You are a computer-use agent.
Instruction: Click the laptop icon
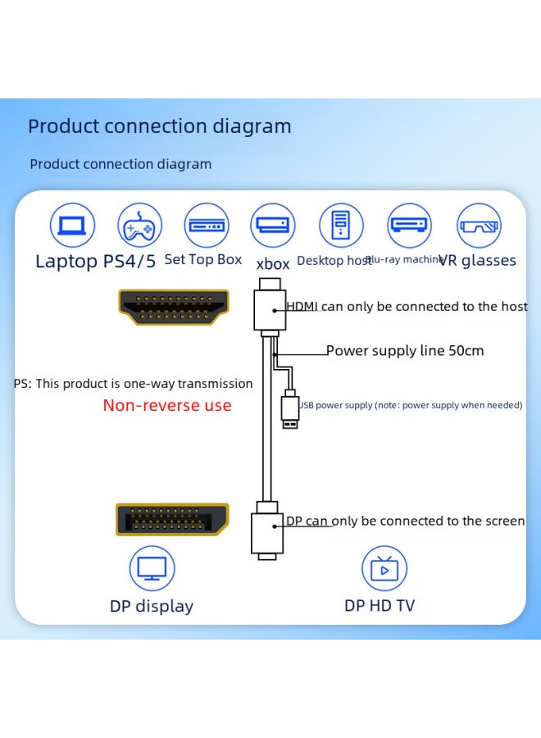pyautogui.click(x=73, y=225)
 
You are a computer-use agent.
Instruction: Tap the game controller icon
pyautogui.click(x=140, y=225)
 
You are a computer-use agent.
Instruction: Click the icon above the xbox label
pyautogui.click(x=273, y=225)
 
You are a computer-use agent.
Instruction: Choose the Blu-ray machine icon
pyautogui.click(x=409, y=225)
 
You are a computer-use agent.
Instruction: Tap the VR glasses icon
pyautogui.click(x=479, y=225)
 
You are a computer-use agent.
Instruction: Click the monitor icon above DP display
pyautogui.click(x=152, y=568)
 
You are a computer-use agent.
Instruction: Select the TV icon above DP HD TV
pyautogui.click(x=384, y=568)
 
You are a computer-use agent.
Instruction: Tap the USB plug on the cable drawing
pyautogui.click(x=289, y=411)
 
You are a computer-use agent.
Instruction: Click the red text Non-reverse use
pyautogui.click(x=167, y=405)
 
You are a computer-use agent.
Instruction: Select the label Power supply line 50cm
pyautogui.click(x=405, y=351)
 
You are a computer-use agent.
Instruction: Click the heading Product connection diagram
pyautogui.click(x=160, y=126)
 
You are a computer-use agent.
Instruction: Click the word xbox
pyautogui.click(x=273, y=264)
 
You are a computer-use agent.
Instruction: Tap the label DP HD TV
pyautogui.click(x=380, y=606)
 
